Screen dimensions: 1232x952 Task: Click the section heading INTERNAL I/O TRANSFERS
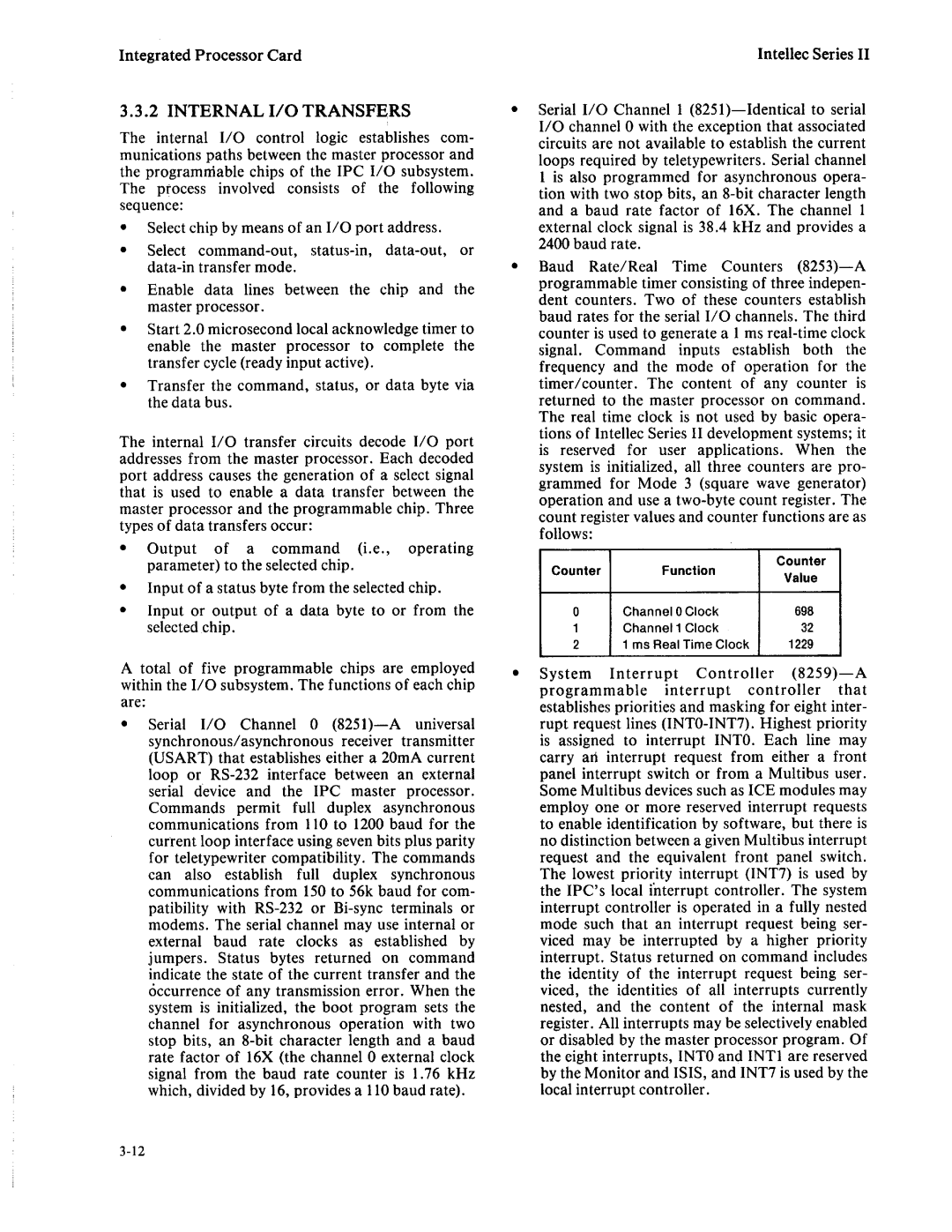coord(264,111)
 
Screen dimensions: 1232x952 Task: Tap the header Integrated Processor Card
coord(211,55)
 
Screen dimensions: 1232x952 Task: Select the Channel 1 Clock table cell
coord(670,628)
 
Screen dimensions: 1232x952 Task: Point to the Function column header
coord(688,571)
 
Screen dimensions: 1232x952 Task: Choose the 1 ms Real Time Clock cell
coord(686,645)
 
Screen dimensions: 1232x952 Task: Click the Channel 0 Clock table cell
coord(670,611)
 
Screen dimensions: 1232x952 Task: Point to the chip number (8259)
coord(804,674)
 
